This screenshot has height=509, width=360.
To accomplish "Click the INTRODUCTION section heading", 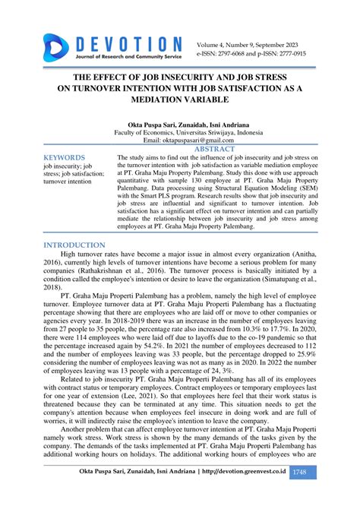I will coord(74,245).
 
